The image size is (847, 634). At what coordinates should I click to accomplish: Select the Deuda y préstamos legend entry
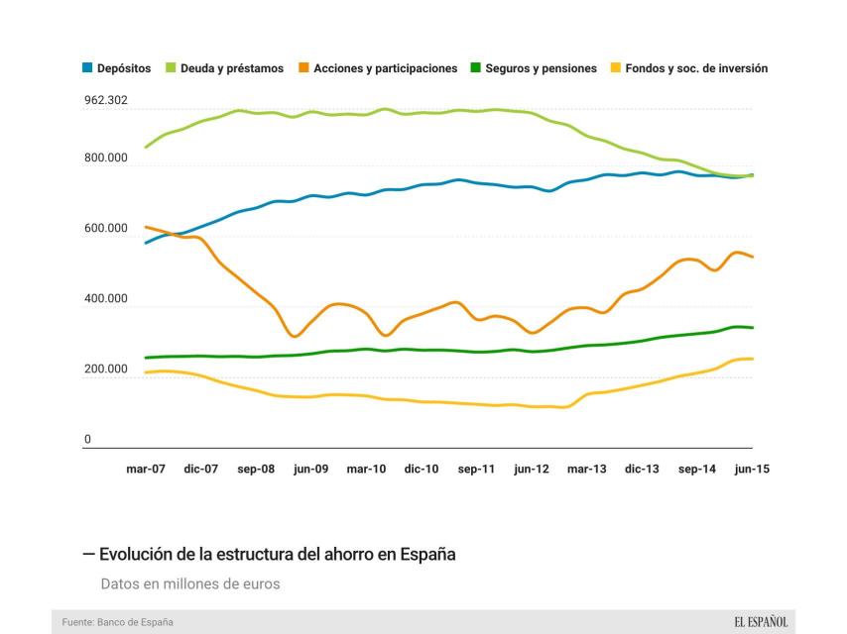(x=232, y=68)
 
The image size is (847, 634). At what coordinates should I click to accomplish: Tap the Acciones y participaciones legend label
(x=385, y=68)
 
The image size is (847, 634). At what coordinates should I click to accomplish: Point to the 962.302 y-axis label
(x=106, y=100)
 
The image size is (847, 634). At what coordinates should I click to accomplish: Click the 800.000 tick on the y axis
(x=106, y=158)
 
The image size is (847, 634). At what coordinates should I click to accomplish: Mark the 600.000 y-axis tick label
(x=106, y=229)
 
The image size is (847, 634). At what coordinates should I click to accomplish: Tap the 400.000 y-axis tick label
(x=106, y=299)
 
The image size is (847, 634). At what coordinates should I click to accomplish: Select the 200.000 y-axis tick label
(x=106, y=370)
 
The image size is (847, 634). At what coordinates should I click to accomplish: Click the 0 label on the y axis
(x=87, y=440)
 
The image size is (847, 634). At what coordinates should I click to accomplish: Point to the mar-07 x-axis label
(x=146, y=470)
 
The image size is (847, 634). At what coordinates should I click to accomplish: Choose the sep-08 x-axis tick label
(x=256, y=470)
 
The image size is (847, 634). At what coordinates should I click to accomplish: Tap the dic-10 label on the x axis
(x=422, y=470)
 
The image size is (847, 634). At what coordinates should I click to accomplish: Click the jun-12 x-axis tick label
(x=532, y=470)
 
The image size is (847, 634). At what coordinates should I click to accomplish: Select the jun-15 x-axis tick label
(x=752, y=470)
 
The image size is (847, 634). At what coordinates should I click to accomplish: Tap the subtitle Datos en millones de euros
(x=190, y=583)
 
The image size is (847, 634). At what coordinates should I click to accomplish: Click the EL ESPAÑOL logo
(x=761, y=622)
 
